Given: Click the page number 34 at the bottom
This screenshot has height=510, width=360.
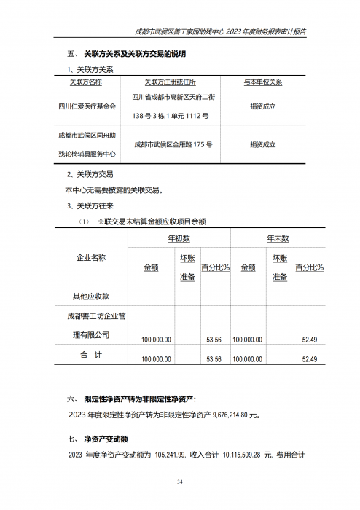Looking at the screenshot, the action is point(180,482).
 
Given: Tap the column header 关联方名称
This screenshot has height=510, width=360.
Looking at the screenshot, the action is point(87,82).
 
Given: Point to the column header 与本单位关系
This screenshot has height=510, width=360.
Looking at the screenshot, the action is point(262,82).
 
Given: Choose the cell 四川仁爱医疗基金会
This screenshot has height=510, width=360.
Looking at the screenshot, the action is point(87,106).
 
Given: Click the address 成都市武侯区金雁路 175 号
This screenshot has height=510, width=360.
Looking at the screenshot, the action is point(173,144).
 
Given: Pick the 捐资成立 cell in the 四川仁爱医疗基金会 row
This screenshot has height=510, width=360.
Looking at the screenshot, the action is point(262,106).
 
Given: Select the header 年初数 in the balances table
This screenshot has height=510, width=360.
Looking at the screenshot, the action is point(179,238).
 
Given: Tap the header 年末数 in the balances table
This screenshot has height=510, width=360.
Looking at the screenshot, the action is point(278,238).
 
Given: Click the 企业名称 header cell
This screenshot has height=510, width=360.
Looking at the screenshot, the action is point(91,258).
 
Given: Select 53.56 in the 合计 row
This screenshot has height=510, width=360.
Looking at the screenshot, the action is point(214,359).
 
